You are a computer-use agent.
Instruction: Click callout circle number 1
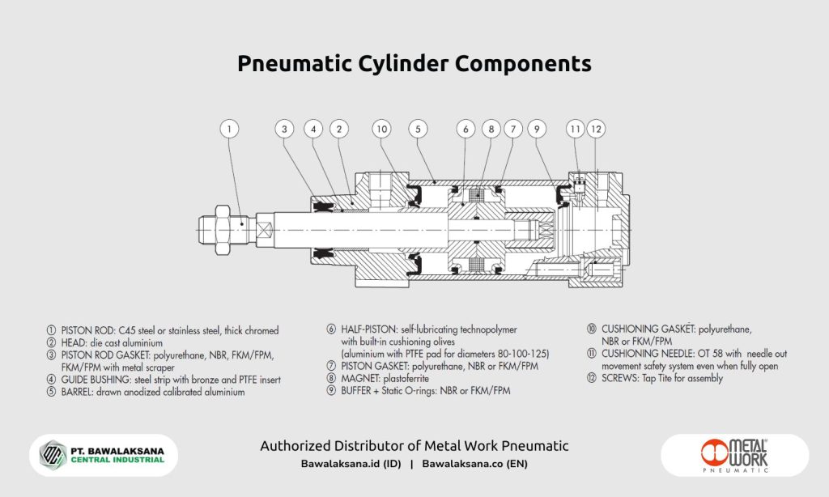tap(231, 129)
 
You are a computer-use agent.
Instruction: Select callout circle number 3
tap(284, 129)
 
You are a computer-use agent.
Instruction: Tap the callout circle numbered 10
tap(383, 129)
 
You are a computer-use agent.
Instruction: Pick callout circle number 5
tap(418, 129)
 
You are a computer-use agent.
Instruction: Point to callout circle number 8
tap(490, 129)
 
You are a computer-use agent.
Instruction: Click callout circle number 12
tap(596, 129)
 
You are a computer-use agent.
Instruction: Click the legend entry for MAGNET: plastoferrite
tap(378, 378)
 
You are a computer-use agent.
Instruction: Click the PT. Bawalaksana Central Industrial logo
tap(103, 455)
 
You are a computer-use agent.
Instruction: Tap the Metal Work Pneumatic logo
tap(735, 455)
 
